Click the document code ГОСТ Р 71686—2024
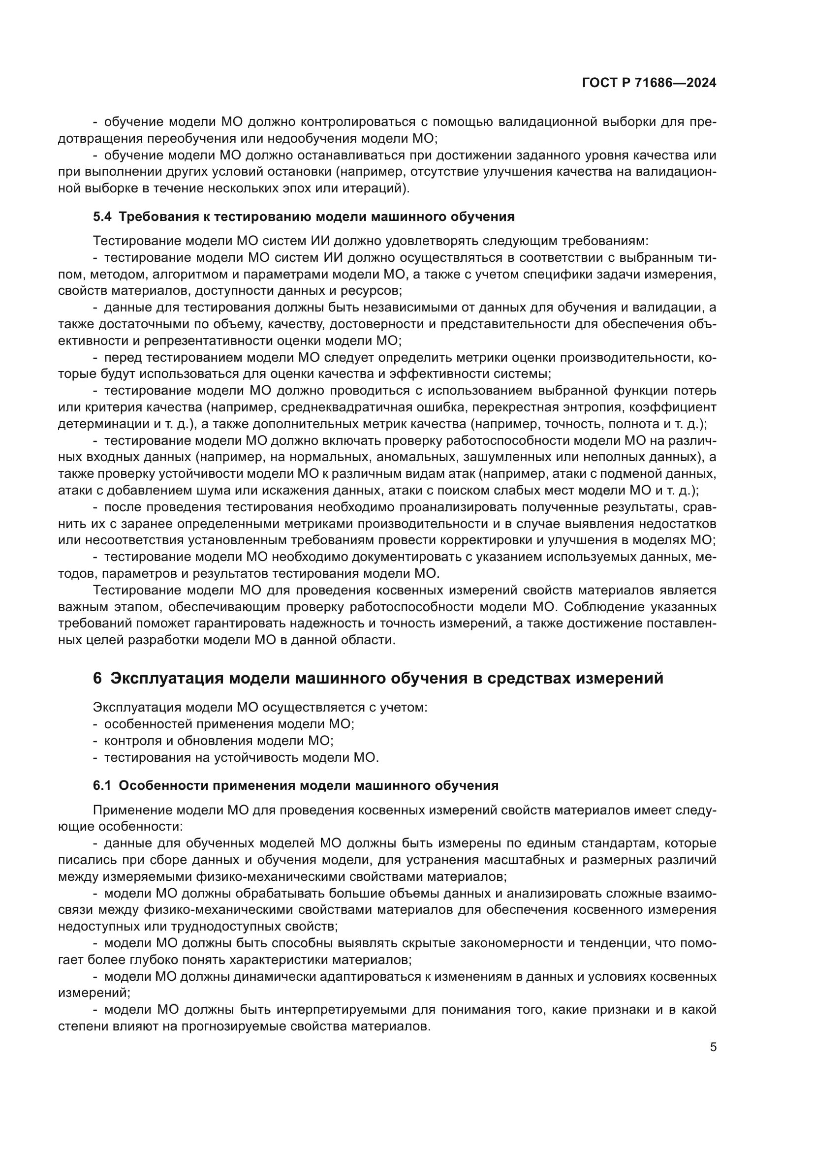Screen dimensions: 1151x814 (x=649, y=83)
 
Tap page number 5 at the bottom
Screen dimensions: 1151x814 (x=713, y=1047)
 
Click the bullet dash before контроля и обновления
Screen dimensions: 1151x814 (x=95, y=741)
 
